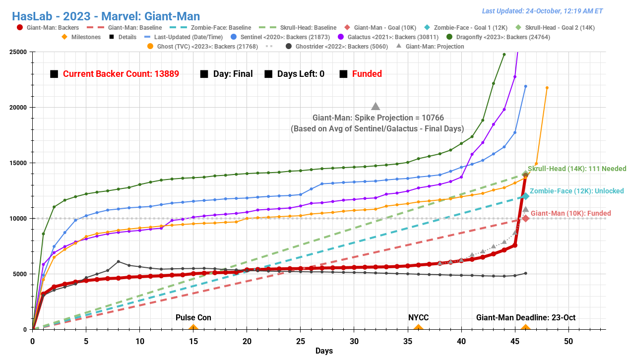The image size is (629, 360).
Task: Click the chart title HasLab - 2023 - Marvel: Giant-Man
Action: click(106, 16)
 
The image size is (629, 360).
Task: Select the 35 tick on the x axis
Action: click(408, 341)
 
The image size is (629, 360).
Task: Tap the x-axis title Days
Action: click(324, 351)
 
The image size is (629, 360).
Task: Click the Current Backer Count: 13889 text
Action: click(121, 74)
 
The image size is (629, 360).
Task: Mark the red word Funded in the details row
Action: click(367, 74)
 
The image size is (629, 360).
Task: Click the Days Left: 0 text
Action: click(301, 74)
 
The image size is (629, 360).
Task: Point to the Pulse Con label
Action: click(193, 317)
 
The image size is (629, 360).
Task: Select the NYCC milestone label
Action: click(418, 317)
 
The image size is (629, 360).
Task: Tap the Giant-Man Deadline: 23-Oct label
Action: click(526, 317)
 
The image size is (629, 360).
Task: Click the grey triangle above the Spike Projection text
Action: click(376, 107)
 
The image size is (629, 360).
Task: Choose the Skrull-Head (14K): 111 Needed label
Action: click(577, 169)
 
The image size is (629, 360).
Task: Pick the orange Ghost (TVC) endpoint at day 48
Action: click(547, 88)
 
